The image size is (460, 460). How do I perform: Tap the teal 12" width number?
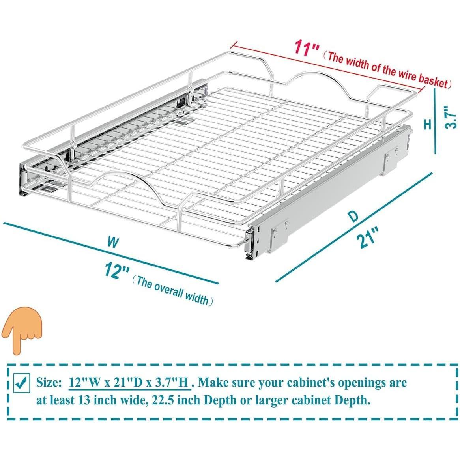point(117,271)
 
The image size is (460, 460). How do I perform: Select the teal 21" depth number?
point(368,237)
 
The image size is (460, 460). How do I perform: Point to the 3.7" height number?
point(451,117)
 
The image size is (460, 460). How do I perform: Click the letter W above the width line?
point(113,243)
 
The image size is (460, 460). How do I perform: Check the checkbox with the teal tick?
point(22,383)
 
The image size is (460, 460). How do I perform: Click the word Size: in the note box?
point(49,383)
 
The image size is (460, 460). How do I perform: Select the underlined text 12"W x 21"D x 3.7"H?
point(129,383)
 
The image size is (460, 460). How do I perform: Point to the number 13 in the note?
point(84,400)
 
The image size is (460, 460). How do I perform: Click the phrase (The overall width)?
point(172,291)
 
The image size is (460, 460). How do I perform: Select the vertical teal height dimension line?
point(434,122)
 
